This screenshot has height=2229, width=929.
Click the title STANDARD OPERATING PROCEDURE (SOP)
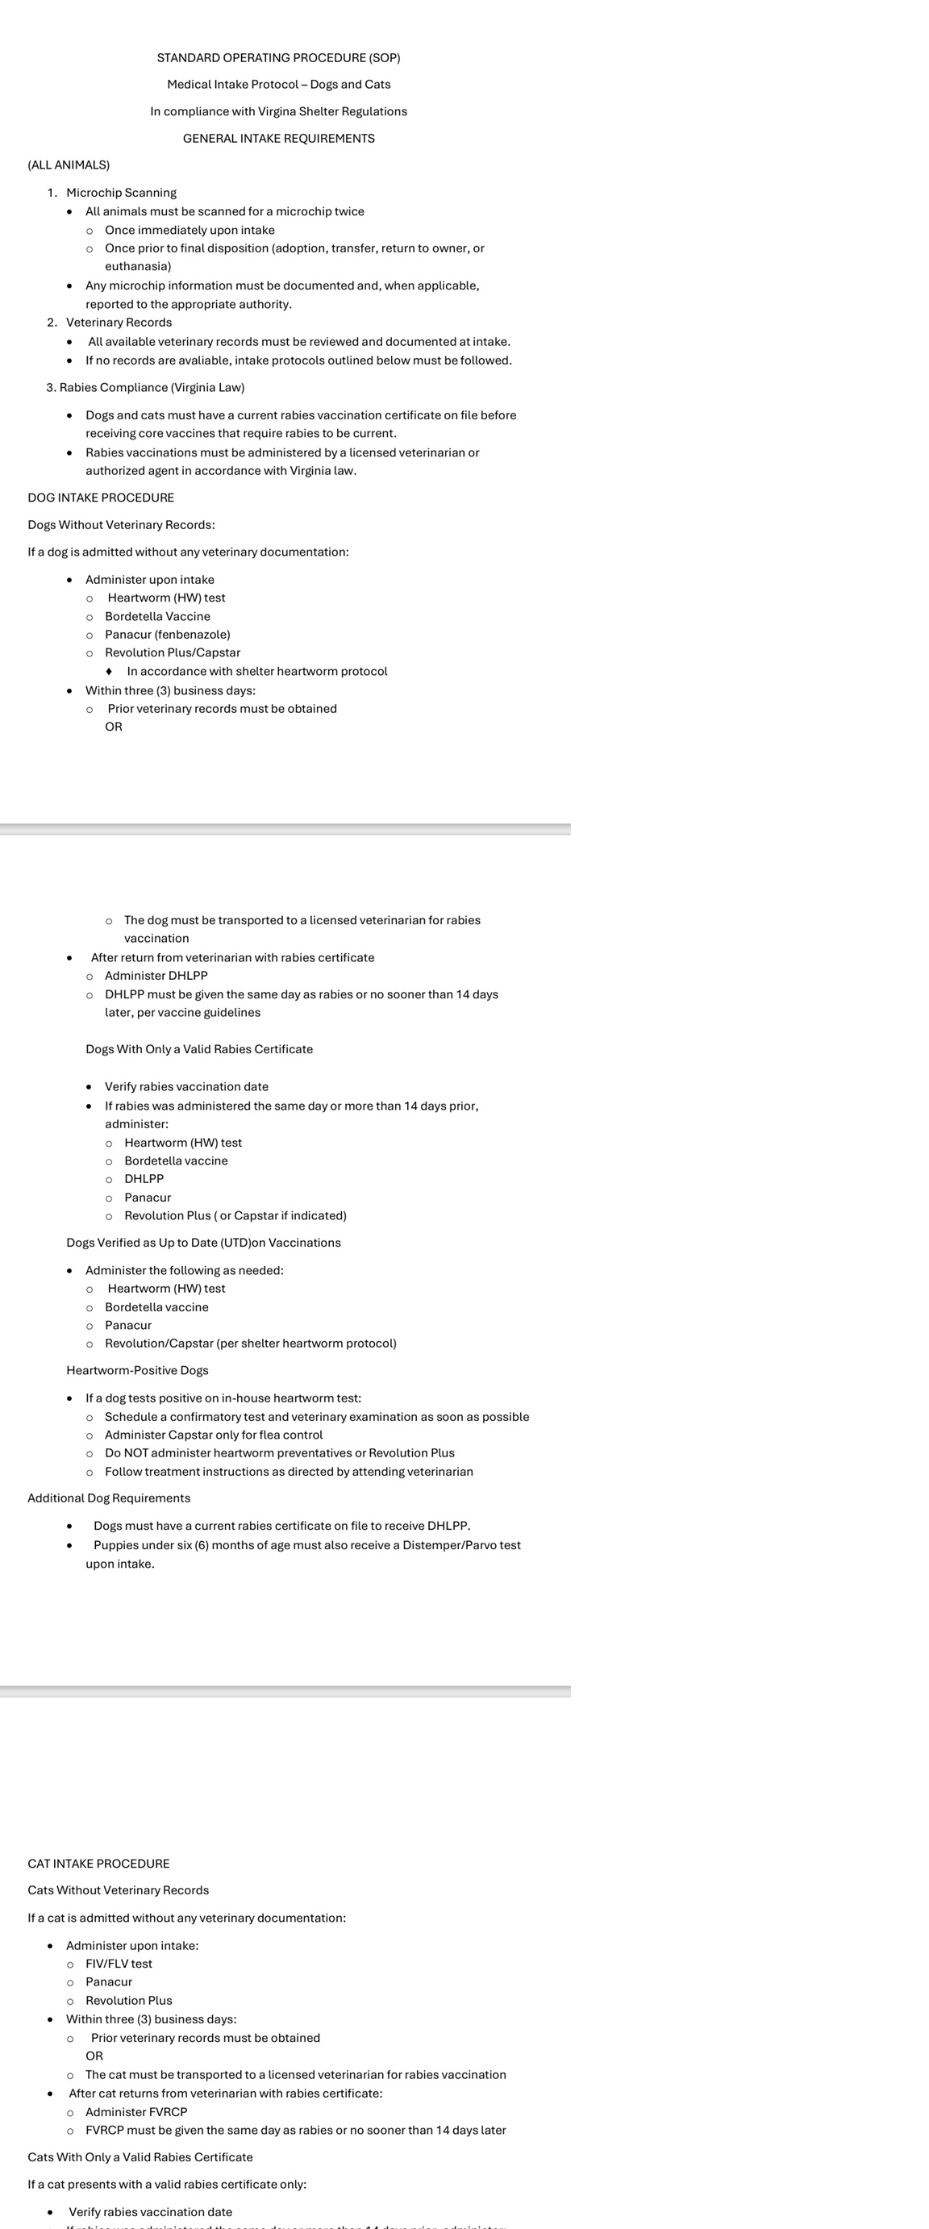278,58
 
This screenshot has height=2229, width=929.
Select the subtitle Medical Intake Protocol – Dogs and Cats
278,85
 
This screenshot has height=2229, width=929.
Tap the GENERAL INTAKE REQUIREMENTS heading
278,139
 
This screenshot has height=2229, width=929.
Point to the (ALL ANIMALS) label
69,165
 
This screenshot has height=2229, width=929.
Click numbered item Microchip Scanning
121,193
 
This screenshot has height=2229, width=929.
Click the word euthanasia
138,266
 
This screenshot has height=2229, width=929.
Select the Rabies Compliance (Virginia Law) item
152,388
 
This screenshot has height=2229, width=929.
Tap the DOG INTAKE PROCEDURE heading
101,498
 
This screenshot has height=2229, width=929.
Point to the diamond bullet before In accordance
108,672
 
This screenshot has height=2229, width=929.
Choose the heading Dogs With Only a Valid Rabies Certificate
199,1048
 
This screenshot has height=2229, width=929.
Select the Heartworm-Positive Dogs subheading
138,1371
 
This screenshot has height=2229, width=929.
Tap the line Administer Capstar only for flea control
214,1435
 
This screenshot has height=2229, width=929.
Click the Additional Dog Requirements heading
109,1498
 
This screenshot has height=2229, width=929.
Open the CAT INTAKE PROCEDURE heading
98,1863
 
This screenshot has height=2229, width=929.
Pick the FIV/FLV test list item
119,1964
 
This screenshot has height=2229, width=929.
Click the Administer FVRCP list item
136,2111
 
